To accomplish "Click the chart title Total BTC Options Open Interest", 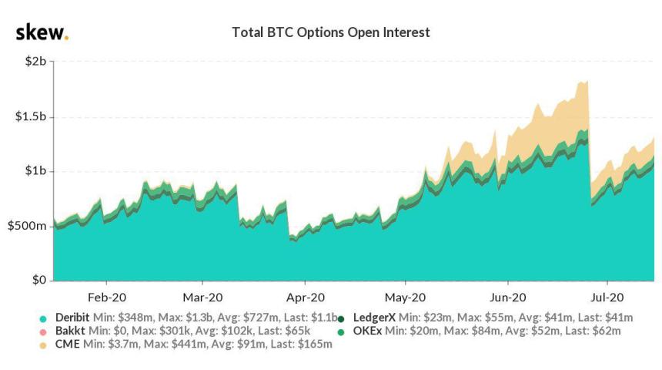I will [330, 33].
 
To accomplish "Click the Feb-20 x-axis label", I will [108, 297].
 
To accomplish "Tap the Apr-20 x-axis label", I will [306, 297].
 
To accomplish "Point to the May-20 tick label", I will [406, 297].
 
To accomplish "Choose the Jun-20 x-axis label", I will [508, 297].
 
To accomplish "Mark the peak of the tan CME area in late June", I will [587, 81].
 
